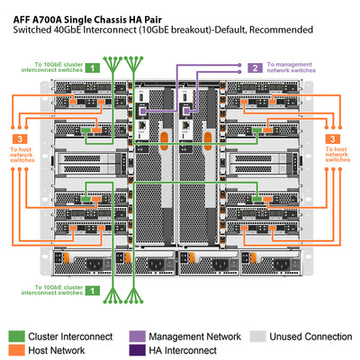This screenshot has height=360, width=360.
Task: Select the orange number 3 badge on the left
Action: pos(20,139)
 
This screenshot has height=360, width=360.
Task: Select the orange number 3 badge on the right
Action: pos(333,139)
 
